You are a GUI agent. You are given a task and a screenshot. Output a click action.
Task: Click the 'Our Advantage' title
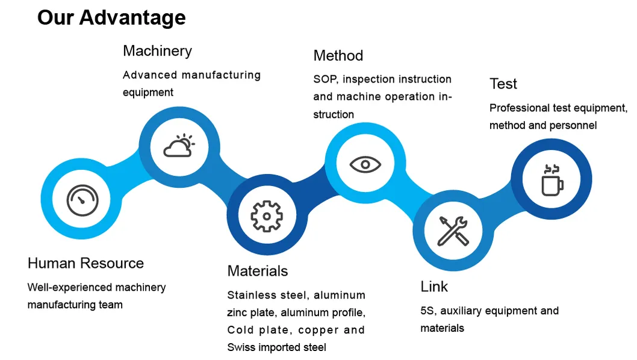[x=111, y=17]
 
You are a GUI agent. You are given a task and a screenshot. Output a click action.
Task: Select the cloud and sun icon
[x=178, y=146]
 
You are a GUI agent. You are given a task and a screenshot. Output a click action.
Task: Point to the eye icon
[x=365, y=164]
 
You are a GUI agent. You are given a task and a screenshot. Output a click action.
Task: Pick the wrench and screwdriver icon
[x=453, y=231]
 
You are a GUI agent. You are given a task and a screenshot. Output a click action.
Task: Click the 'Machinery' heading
[x=157, y=51]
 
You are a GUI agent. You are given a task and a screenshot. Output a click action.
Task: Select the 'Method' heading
[x=338, y=55]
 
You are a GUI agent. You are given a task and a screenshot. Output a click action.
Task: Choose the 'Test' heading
[x=503, y=84]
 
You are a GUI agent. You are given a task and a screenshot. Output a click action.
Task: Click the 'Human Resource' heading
[x=85, y=263]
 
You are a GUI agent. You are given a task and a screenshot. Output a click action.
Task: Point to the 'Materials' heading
[x=257, y=271]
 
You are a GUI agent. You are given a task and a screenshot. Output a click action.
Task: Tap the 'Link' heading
[x=434, y=287]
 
